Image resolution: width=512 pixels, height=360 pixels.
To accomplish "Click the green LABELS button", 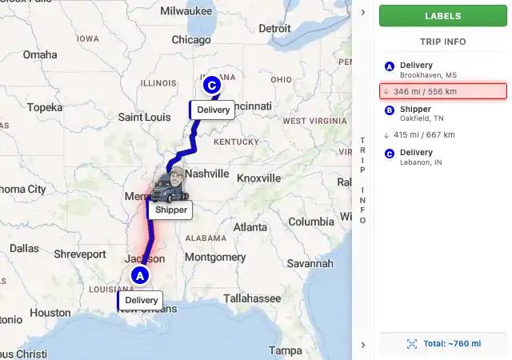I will click(442, 16).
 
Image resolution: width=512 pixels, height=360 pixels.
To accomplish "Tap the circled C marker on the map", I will click(212, 84).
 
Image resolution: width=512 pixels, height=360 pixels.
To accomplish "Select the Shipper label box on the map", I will click(170, 210).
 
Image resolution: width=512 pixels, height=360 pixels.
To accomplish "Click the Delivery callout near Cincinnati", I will click(213, 110).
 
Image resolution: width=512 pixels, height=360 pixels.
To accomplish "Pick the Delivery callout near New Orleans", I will click(141, 301).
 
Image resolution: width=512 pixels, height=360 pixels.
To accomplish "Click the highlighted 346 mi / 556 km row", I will click(442, 91).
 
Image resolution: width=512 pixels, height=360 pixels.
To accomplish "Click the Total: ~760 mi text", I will click(452, 343).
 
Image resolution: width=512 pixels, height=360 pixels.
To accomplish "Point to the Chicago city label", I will click(190, 40).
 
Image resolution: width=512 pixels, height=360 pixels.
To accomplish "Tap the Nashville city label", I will click(207, 173).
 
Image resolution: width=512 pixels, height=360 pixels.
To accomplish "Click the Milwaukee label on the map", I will click(186, 11).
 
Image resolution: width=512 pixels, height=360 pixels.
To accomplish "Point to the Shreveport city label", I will click(79, 254).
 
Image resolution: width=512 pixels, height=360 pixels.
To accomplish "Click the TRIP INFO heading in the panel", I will click(442, 42).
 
